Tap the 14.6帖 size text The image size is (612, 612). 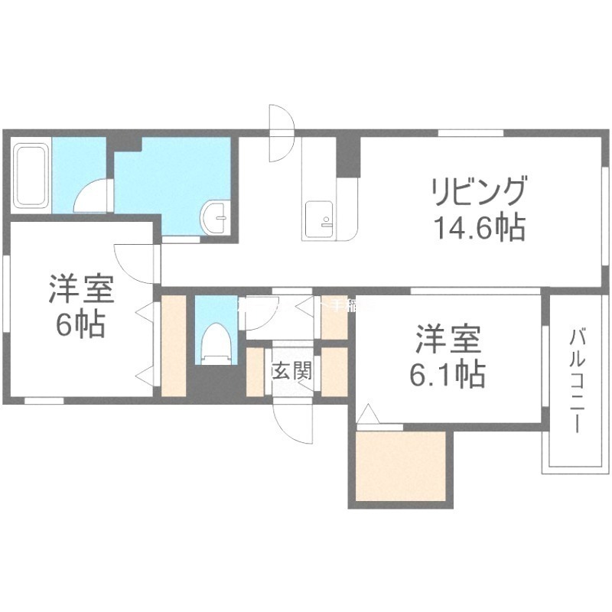click(x=479, y=228)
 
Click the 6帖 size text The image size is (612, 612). click(x=80, y=326)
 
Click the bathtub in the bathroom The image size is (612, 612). click(x=31, y=177)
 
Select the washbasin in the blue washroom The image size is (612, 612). click(x=215, y=219)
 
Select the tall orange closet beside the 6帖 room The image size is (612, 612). click(x=174, y=344)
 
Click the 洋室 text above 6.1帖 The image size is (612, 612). click(x=448, y=337)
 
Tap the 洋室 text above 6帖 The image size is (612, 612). click(x=82, y=289)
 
